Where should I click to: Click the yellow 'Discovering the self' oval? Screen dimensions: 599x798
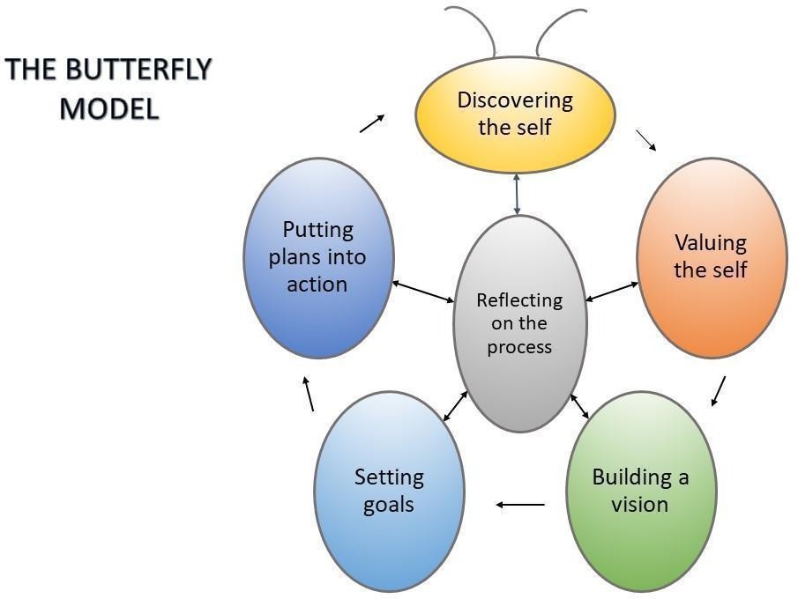coord(515,115)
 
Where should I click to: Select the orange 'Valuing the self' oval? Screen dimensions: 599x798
coord(711,256)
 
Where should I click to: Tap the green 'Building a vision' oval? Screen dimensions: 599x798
coord(640,491)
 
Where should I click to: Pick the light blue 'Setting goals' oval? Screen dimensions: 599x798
coord(389,491)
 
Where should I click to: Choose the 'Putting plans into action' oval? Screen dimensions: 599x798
coord(318,256)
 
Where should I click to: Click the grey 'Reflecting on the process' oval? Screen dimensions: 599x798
coord(519,322)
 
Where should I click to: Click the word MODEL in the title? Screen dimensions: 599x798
coord(109,109)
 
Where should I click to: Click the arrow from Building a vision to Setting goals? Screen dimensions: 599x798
coord(521,505)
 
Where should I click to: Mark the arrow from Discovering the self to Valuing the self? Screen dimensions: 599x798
coord(647,141)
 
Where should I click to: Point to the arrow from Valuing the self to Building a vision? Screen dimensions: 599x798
coord(719,391)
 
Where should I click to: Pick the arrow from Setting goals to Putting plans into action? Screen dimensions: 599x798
coord(309,395)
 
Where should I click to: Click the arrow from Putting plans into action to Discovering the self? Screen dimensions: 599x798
coord(373,122)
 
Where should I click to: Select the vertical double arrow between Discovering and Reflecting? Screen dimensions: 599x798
coord(517,194)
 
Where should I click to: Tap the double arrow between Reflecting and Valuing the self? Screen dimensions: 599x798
coord(612,292)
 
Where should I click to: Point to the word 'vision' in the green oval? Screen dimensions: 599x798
coord(640,505)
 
